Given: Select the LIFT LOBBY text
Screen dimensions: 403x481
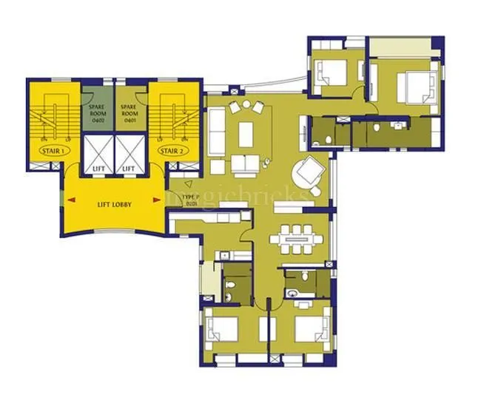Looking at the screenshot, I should click(x=114, y=204).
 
